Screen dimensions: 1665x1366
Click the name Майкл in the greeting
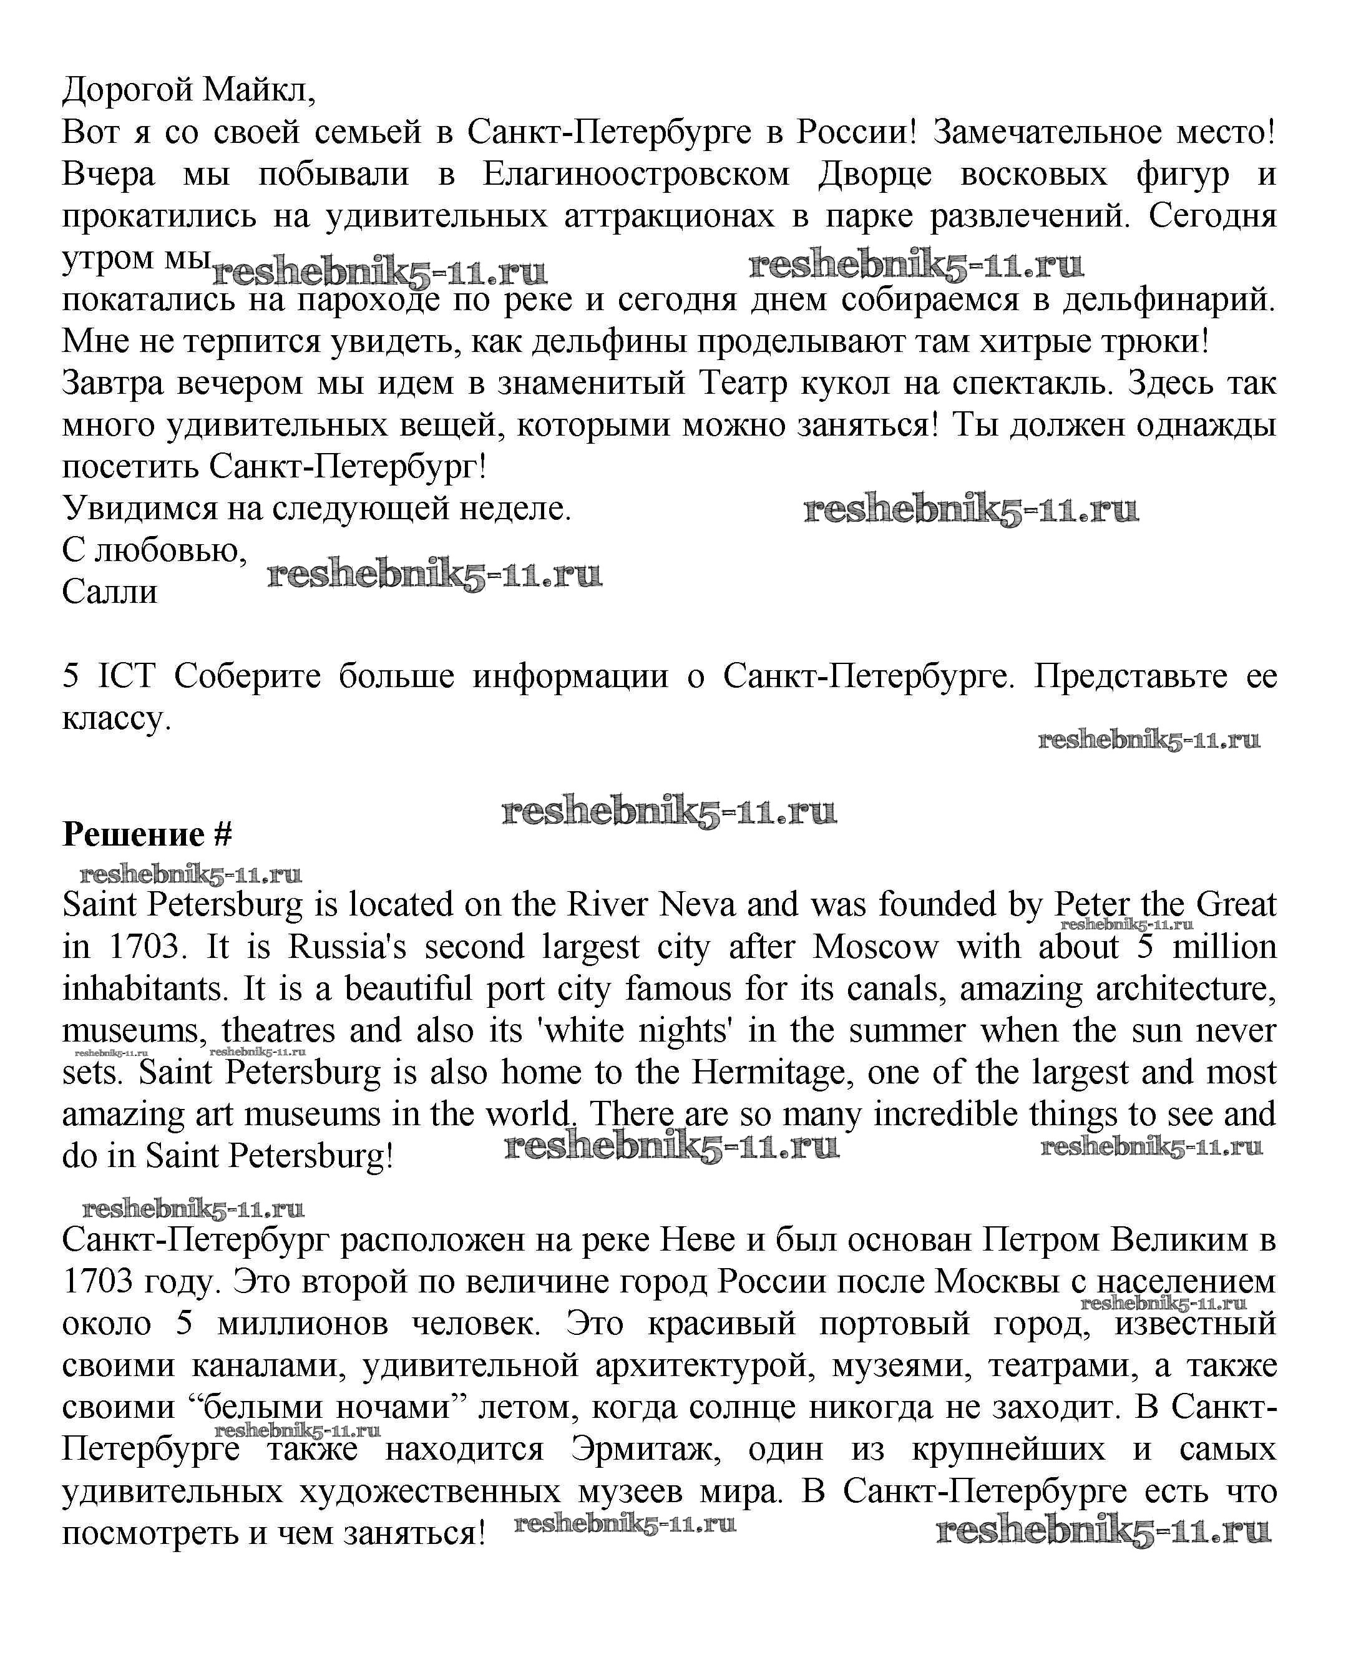[258, 90]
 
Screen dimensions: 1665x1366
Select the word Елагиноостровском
[636, 174]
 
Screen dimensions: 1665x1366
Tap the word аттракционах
[669, 215]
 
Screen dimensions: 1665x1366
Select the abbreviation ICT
[127, 676]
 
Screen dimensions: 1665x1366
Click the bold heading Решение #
[147, 834]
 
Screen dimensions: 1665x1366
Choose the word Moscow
[875, 947]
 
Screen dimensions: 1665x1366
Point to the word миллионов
[303, 1324]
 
